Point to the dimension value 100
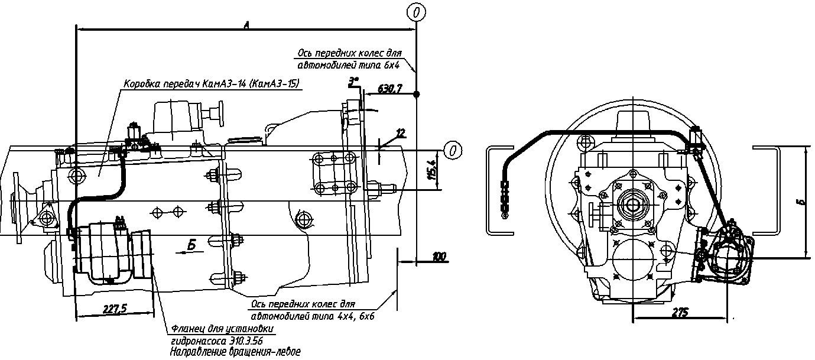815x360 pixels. coord(439,257)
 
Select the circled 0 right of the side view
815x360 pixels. coord(453,150)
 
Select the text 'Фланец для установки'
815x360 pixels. coord(223,329)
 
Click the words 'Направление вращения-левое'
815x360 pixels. coord(235,352)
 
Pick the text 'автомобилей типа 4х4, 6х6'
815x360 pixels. coord(313,315)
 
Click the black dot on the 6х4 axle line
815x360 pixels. coord(417,95)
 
